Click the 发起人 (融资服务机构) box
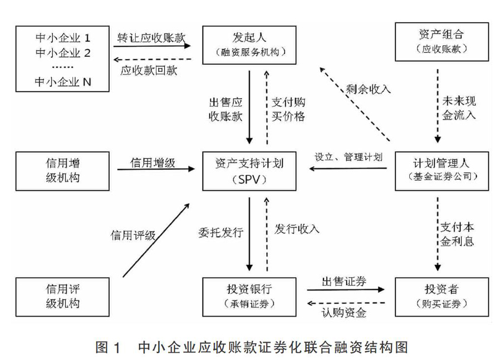click(249, 45)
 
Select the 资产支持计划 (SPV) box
click(249, 171)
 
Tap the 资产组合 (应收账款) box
click(442, 42)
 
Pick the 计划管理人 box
click(442, 171)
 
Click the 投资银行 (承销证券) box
click(249, 297)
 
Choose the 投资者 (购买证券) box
click(442, 297)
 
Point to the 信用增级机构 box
click(62, 171)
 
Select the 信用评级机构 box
click(62, 297)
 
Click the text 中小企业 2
click(63, 53)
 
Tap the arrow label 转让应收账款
click(151, 38)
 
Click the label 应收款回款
click(149, 70)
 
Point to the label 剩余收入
click(369, 89)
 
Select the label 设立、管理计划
click(348, 157)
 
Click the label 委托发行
click(221, 233)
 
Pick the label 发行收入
click(297, 229)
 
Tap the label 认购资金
click(344, 312)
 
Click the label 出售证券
click(344, 282)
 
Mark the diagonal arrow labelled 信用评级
click(156, 240)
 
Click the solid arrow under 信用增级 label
click(156, 169)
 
